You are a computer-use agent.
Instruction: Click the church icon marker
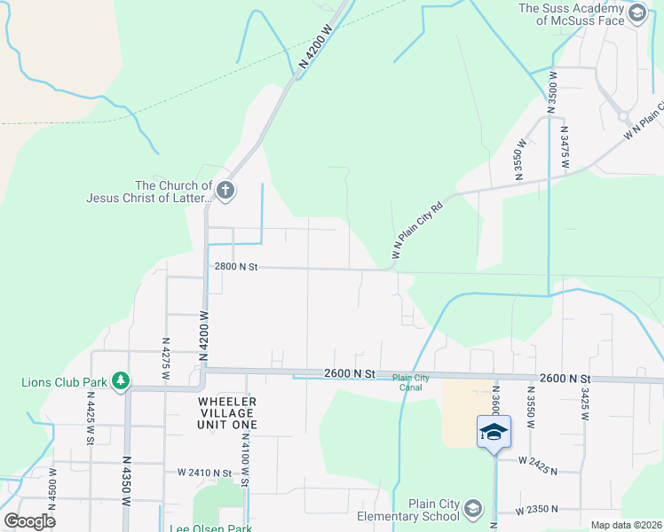(225, 190)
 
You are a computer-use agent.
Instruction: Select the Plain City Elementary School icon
(472, 508)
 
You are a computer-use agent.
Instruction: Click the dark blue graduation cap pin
(494, 432)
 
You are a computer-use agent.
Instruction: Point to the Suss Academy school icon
(636, 13)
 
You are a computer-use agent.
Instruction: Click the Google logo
(29, 520)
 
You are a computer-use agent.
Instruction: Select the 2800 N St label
(235, 266)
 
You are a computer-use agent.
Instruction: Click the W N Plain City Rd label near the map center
(417, 232)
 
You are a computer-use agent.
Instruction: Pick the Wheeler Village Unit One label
(226, 413)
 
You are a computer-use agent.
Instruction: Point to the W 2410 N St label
(204, 473)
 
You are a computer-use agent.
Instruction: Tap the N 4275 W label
(165, 354)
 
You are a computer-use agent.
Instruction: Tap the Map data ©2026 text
(625, 525)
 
